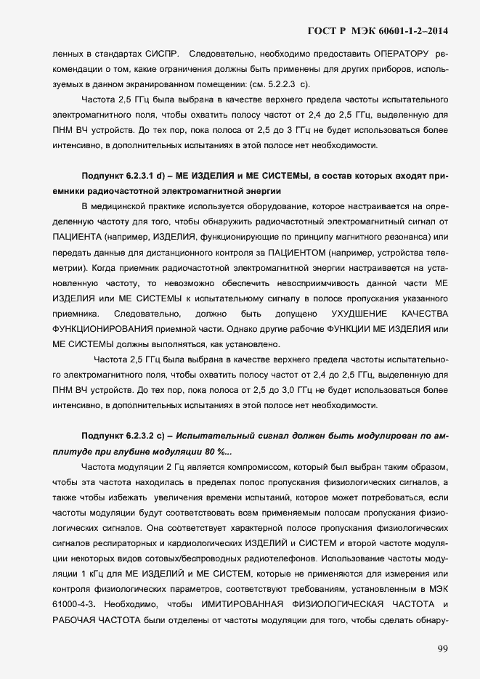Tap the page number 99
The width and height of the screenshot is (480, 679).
(443, 648)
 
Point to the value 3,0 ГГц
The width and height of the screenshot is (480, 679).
(290, 391)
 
